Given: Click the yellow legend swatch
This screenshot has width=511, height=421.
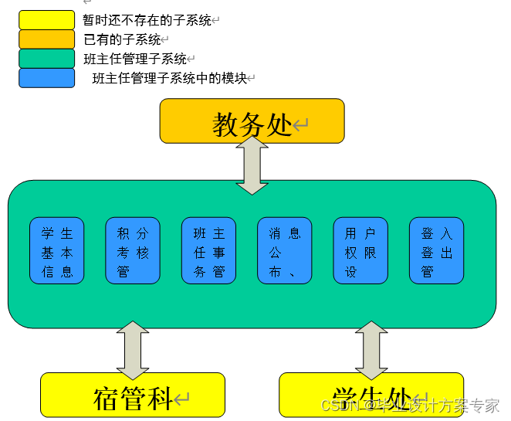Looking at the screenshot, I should [46, 20].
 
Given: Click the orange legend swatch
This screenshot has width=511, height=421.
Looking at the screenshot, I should [46, 39].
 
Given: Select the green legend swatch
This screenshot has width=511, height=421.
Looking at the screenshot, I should [46, 59].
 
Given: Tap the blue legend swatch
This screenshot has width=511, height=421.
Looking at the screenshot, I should [46, 78].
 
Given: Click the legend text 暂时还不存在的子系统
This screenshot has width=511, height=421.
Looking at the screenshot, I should [147, 20].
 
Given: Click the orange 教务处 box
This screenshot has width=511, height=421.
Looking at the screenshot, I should [252, 121].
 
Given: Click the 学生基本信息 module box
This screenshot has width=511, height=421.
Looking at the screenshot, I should [57, 251].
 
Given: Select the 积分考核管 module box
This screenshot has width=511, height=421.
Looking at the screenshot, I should [133, 251].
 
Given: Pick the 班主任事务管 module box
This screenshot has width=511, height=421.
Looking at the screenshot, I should [208, 251].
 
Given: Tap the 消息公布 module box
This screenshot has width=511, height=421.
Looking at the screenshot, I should [284, 251].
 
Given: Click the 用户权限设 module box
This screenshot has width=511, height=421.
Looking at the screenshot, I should [360, 251].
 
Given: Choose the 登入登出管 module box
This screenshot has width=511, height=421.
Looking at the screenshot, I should [436, 251].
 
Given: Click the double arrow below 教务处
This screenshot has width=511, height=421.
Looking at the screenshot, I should [252, 166].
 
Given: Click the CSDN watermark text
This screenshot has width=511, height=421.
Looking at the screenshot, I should [410, 405].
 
